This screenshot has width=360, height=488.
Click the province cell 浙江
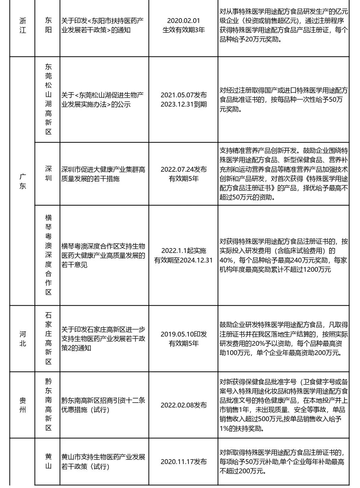coord(22,25)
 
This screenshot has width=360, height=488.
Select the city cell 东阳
coord(48,25)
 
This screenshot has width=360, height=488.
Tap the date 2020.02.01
coord(183,21)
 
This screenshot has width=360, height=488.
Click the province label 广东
coord(22,181)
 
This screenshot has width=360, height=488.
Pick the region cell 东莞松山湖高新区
coord(48,99)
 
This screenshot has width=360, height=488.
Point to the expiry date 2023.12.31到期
coord(183,104)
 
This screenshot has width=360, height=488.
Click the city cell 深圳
coord(48,173)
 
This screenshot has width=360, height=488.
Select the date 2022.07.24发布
coord(183,169)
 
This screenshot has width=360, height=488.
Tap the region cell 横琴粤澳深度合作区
coord(48,255)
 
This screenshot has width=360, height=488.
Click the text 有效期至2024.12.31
coord(183,260)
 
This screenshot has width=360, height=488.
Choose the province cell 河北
coord(22,339)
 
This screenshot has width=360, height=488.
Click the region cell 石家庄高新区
coord(48,339)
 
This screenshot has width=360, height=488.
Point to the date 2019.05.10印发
coord(183,334)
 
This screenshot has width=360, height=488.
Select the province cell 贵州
coord(22,405)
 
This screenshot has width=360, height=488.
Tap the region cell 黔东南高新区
coord(48,405)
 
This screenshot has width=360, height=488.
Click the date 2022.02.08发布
coord(183,405)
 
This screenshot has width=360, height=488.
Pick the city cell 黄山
coord(48,461)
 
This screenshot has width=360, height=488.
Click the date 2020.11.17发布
coord(183,462)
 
